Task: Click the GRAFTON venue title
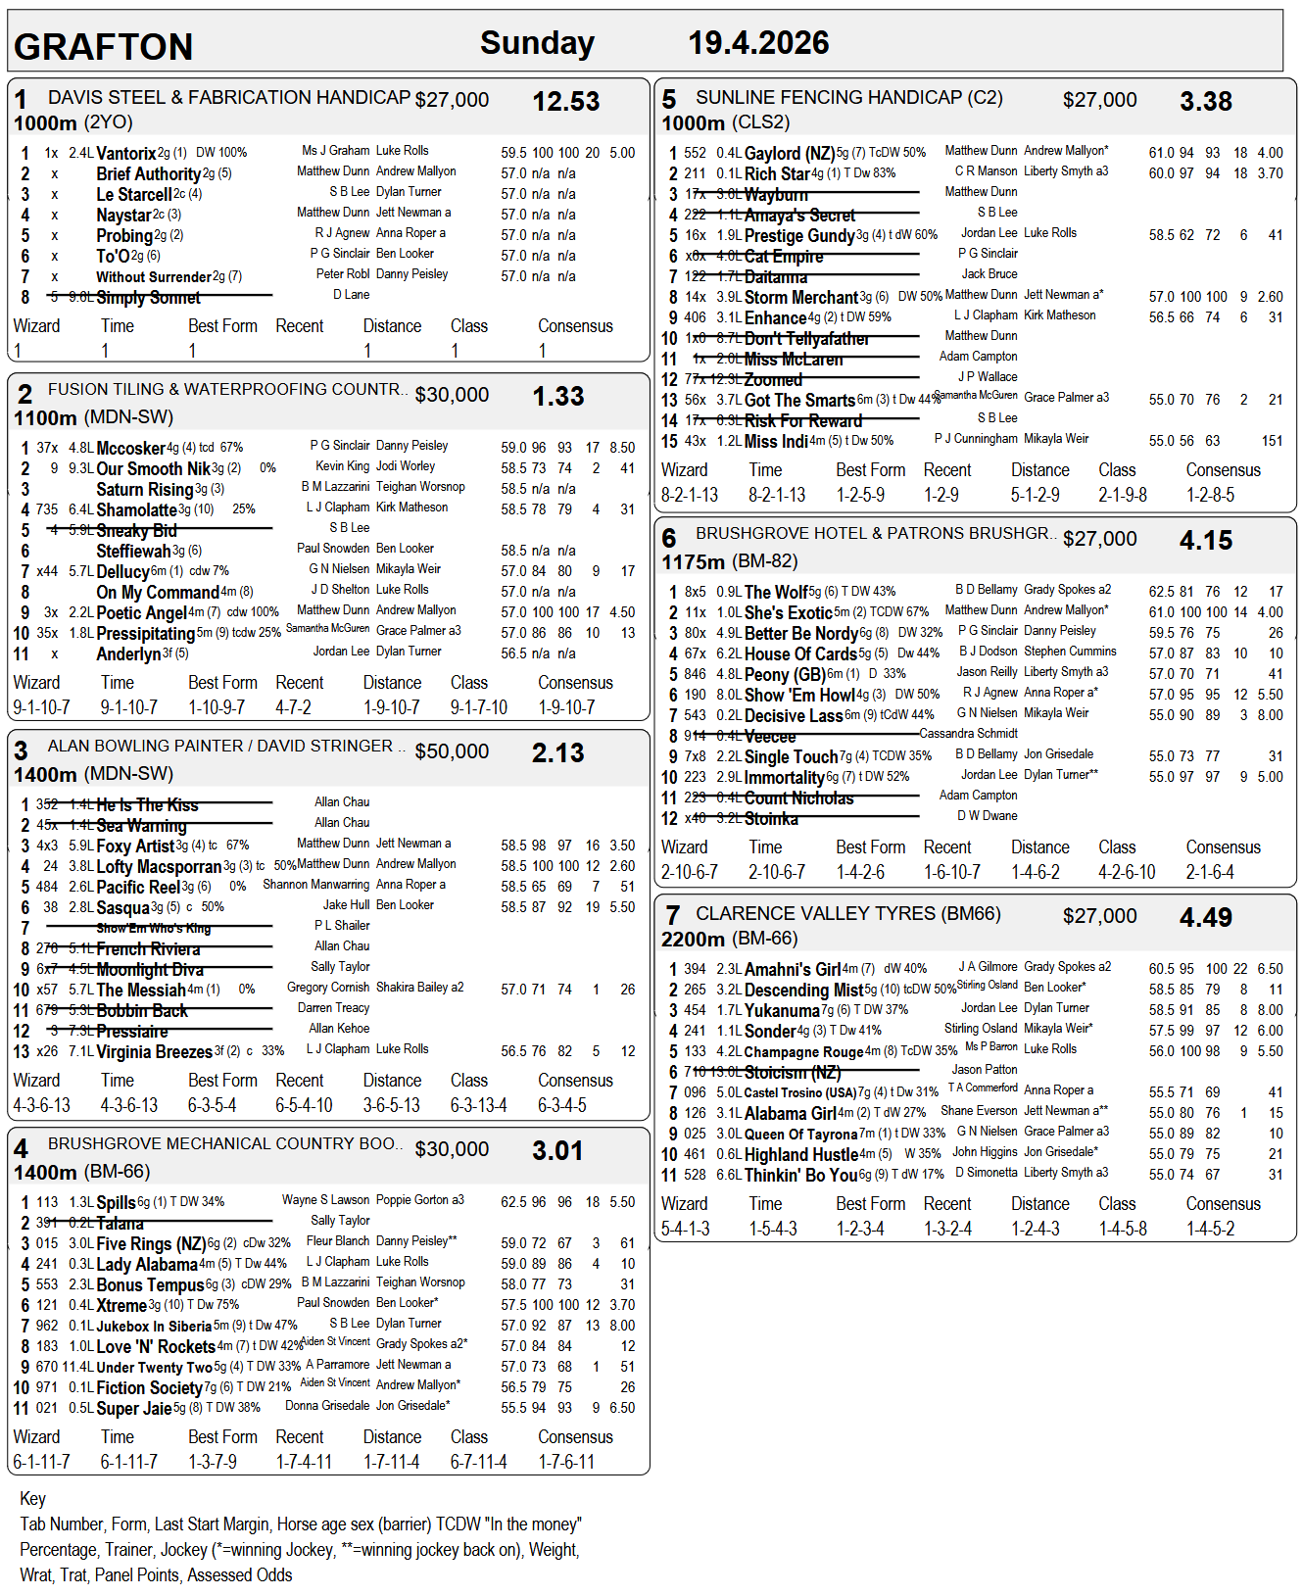(103, 47)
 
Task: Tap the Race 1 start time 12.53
(565, 102)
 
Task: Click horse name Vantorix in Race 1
(126, 154)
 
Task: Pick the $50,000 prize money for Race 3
(452, 751)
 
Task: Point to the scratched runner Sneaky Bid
(136, 531)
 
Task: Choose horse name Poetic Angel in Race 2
(141, 613)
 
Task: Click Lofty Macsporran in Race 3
(159, 867)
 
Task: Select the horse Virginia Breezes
(154, 1052)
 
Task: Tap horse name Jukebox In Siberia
(154, 1327)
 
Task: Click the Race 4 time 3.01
(557, 1150)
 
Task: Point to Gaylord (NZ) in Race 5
(790, 154)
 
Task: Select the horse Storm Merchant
(801, 298)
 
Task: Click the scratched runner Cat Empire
(784, 257)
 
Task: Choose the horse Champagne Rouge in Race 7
(803, 1052)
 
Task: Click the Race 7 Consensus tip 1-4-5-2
(1210, 1229)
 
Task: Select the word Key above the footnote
(32, 1499)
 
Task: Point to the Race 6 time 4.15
(1206, 541)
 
